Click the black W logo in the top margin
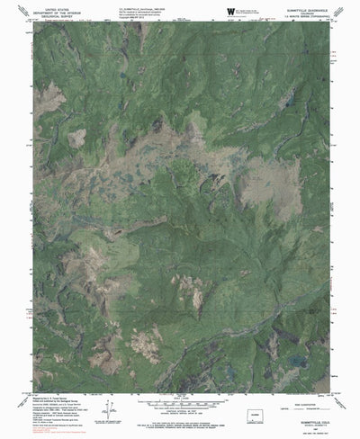pyautogui.click(x=231, y=11)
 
